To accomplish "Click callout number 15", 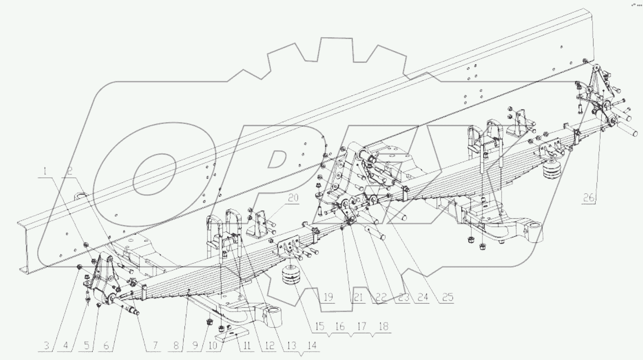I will pos(319,326).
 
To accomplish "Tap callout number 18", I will pos(384,326).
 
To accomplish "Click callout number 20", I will pos(293,198).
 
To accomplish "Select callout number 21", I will pos(358,297).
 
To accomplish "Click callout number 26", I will pos(589,198).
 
